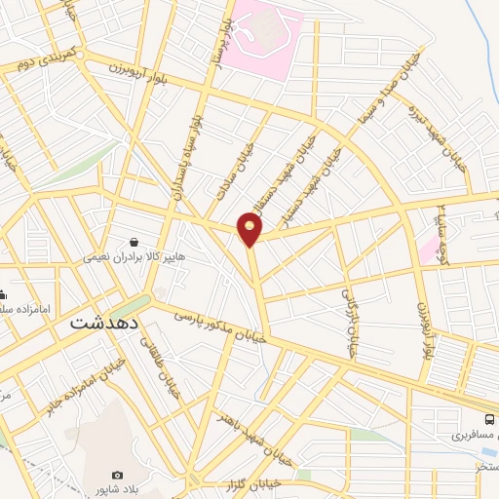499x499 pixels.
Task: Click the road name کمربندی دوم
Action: [46, 61]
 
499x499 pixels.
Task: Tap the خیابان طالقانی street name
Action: [154, 353]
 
